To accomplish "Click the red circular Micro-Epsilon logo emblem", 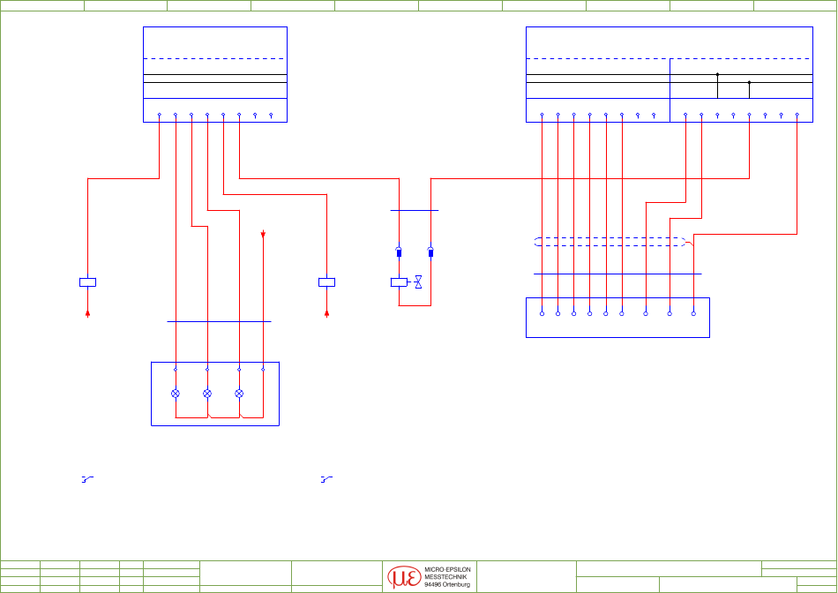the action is point(404,577).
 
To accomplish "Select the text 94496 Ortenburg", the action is point(447,585).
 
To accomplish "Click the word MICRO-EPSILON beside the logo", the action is point(447,570).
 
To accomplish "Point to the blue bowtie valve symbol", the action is point(418,281).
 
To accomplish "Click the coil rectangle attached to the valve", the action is point(399,282).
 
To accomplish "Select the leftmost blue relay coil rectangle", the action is point(87,282).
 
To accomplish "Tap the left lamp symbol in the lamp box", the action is point(176,394).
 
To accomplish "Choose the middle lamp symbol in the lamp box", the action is point(207,394).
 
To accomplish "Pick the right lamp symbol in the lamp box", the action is point(239,394).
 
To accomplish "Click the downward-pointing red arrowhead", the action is point(263,234).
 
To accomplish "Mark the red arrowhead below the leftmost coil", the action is point(87,314).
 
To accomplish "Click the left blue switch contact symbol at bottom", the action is point(87,480).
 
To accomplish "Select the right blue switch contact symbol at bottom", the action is point(326,480).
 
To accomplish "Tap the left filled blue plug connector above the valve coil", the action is point(399,251).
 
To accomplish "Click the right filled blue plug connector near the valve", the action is point(430,251).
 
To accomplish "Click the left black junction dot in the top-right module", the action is point(717,74).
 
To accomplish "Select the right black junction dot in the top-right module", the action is point(749,82).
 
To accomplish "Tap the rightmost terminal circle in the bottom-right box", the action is point(693,314).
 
